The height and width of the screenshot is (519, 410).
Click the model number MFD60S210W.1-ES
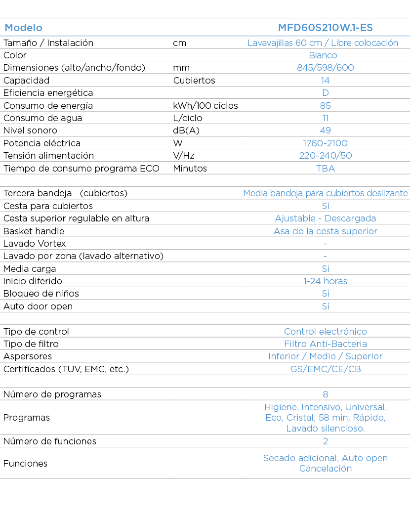point(326,28)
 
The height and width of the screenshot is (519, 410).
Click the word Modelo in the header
point(24,28)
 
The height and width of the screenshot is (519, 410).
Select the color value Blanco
point(323,55)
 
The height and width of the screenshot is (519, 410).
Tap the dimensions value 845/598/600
point(326,68)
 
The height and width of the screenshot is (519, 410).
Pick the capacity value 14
point(326,81)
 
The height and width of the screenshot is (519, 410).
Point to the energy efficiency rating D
point(326,93)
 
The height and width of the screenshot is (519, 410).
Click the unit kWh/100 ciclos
point(205,106)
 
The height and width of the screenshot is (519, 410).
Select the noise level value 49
point(326,130)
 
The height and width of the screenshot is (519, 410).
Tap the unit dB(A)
point(186,130)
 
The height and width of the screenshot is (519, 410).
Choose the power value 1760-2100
point(326,143)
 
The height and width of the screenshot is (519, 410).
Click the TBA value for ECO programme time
point(326,169)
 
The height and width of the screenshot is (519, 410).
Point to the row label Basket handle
point(34,231)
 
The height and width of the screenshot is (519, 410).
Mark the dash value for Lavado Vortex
point(326,244)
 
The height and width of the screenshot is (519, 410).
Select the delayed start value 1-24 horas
point(326,281)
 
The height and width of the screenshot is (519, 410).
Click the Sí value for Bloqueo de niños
point(326,294)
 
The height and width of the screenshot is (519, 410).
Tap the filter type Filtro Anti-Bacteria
point(326,344)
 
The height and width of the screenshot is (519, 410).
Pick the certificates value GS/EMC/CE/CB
point(326,369)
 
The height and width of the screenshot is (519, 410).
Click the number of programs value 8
point(326,394)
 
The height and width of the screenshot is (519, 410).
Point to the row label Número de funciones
point(49,441)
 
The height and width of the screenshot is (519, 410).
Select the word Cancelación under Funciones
point(326,469)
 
